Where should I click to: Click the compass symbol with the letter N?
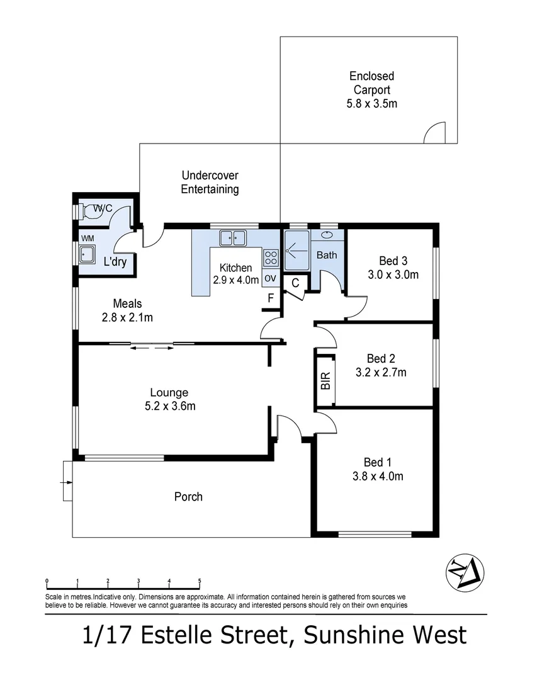point(465,572)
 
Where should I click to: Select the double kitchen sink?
point(233,238)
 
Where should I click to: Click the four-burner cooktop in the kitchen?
point(271,258)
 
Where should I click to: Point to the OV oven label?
point(270,278)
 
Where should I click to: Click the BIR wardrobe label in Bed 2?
point(325,381)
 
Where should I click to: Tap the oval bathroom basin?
point(327,235)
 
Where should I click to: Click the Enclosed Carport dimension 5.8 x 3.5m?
point(371,104)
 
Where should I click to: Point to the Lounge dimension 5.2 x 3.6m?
point(170,406)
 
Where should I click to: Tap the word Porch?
point(188,497)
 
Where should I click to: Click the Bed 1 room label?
point(377,462)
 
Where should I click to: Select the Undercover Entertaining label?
point(210,182)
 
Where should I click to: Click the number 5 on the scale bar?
point(200,581)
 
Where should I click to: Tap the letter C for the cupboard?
point(295,283)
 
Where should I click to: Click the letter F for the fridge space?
point(271,298)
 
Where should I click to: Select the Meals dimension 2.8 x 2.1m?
point(127,317)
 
